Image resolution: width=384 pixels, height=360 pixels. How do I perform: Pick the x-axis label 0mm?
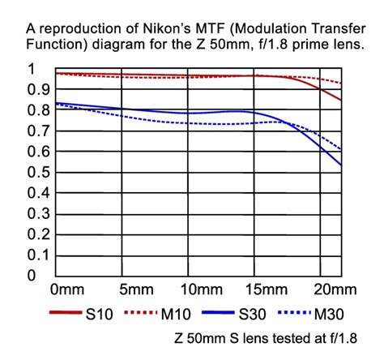pos(69,289)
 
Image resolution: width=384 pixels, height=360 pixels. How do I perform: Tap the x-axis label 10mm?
pos(203,289)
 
